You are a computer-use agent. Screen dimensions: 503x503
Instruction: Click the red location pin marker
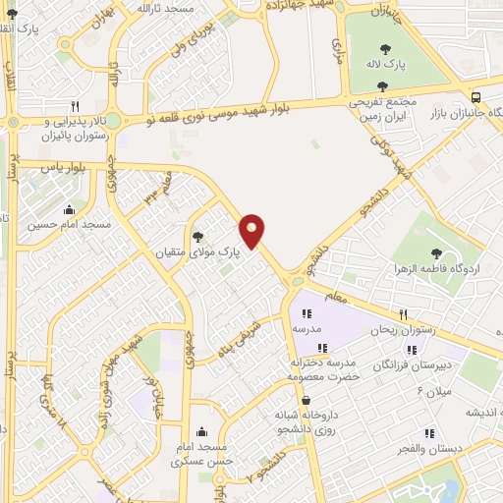point(252,231)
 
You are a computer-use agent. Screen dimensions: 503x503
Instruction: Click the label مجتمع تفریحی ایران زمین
point(382,108)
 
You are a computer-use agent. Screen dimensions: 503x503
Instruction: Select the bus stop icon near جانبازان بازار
point(476,97)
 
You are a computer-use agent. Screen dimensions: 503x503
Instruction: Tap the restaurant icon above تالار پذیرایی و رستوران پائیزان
point(75,106)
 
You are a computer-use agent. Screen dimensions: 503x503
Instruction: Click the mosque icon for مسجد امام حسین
point(69,210)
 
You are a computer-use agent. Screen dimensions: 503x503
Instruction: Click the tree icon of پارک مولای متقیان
point(198,236)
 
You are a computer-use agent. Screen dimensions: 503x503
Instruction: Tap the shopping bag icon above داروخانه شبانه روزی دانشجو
point(306,400)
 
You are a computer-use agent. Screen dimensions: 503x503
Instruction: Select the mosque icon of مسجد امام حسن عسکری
point(201,431)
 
